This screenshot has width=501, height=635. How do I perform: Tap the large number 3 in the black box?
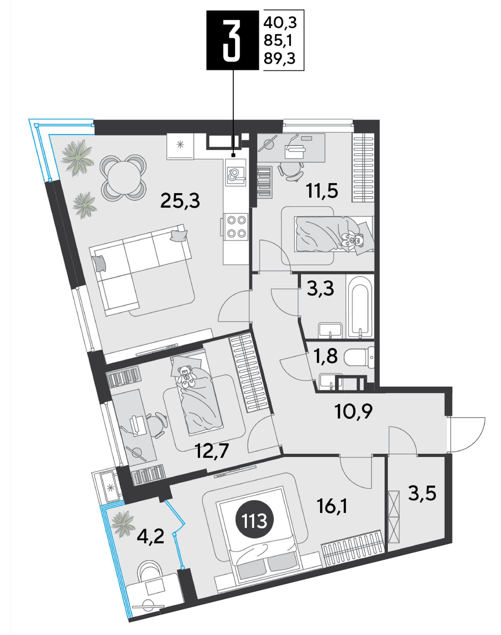[x=233, y=40]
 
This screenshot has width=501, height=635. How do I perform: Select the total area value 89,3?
[x=279, y=59]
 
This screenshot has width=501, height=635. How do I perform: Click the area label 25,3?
[x=180, y=201]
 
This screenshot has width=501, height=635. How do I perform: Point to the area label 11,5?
[x=322, y=191]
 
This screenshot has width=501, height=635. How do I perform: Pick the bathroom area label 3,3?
[x=320, y=288]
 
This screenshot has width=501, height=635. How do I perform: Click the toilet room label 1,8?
[x=326, y=356]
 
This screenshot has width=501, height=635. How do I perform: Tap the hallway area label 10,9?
[x=354, y=412]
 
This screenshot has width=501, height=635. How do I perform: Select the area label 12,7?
[x=212, y=451]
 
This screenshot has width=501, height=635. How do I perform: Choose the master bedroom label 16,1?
[x=332, y=507]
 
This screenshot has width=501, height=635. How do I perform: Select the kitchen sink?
[x=235, y=173]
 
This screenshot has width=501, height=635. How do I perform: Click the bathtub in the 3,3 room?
[x=358, y=307]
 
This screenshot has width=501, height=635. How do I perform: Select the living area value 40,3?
[x=280, y=23]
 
